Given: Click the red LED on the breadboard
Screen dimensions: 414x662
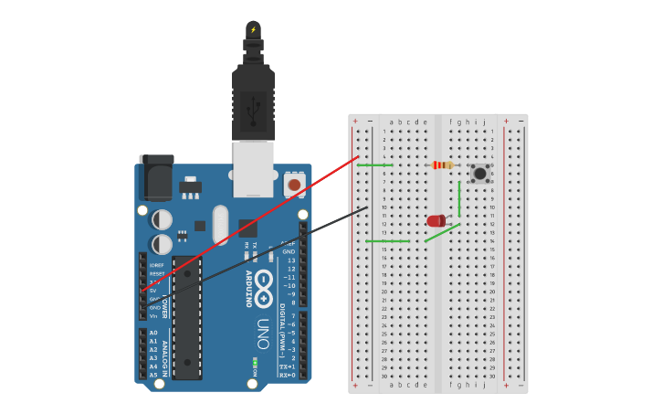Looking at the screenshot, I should click(436, 220).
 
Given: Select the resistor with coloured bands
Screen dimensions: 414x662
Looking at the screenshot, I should click(442, 165).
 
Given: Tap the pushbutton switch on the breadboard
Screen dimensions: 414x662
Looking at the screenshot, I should click(479, 173).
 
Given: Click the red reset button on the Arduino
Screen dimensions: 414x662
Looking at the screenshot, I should click(294, 186).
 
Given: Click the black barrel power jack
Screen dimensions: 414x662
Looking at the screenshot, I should click(155, 177).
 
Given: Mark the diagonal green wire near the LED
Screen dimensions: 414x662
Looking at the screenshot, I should click(442, 233).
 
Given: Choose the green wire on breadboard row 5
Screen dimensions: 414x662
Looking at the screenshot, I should click(374, 165).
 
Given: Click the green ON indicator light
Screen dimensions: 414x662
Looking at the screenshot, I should click(255, 362).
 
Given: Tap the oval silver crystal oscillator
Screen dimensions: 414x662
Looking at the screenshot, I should click(219, 224).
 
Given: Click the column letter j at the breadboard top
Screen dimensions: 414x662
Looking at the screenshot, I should click(484, 122).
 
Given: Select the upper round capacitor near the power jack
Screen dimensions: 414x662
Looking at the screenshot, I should click(162, 220).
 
